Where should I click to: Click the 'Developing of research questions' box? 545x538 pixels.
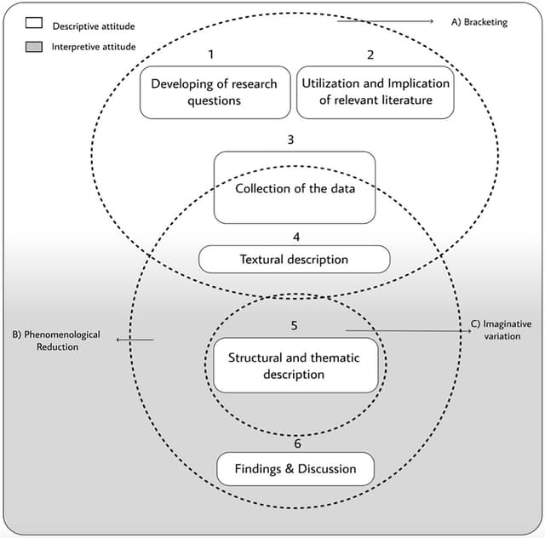(214, 92)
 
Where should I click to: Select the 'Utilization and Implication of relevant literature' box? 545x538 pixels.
(375, 92)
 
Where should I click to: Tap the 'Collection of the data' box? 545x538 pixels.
(295, 188)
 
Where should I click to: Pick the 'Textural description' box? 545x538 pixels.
(294, 259)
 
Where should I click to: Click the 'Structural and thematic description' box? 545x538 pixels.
(294, 366)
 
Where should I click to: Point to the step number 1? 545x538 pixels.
(211, 54)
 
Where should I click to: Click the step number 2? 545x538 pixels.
(370, 54)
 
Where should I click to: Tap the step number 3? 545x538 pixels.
(290, 140)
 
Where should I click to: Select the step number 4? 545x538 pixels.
(295, 237)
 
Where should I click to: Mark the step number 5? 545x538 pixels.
(294, 326)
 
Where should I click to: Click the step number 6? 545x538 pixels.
(296, 443)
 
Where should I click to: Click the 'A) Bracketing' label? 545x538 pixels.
(479, 22)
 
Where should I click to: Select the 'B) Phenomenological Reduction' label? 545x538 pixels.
(56, 341)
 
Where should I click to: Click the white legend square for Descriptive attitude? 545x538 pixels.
(34, 26)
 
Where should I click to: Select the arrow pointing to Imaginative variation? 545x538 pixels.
(409, 330)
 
